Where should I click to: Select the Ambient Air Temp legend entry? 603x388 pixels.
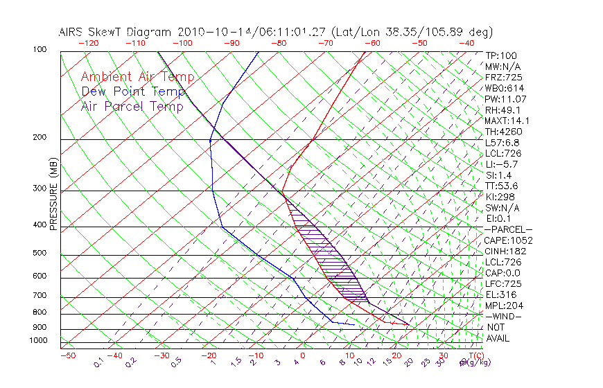(x=138, y=77)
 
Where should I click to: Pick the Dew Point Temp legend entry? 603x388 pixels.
(x=133, y=91)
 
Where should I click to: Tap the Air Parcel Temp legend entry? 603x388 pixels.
(x=132, y=106)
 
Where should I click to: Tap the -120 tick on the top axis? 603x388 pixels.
(x=87, y=43)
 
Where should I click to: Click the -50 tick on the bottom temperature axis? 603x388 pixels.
(x=67, y=356)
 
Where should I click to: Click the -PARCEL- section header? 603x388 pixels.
(x=508, y=229)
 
